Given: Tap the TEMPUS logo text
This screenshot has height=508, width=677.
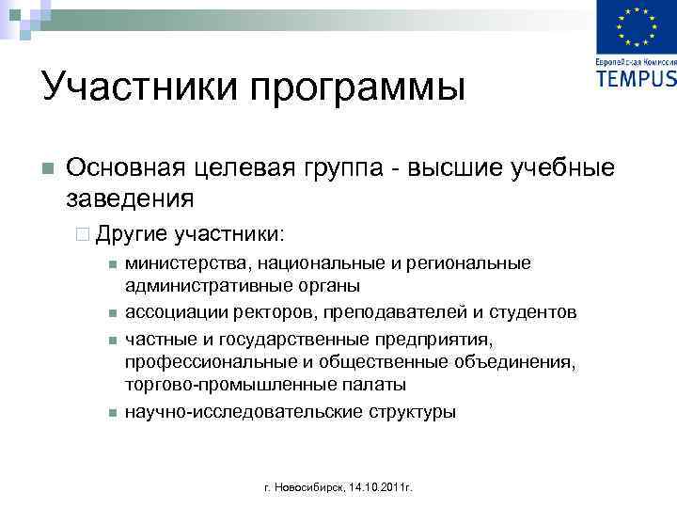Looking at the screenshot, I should point(636,77).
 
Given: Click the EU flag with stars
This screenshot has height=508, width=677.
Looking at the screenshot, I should point(637,28).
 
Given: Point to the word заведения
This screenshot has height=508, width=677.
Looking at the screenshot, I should point(131,198).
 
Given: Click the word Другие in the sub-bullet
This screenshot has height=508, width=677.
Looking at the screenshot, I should point(131,231).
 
